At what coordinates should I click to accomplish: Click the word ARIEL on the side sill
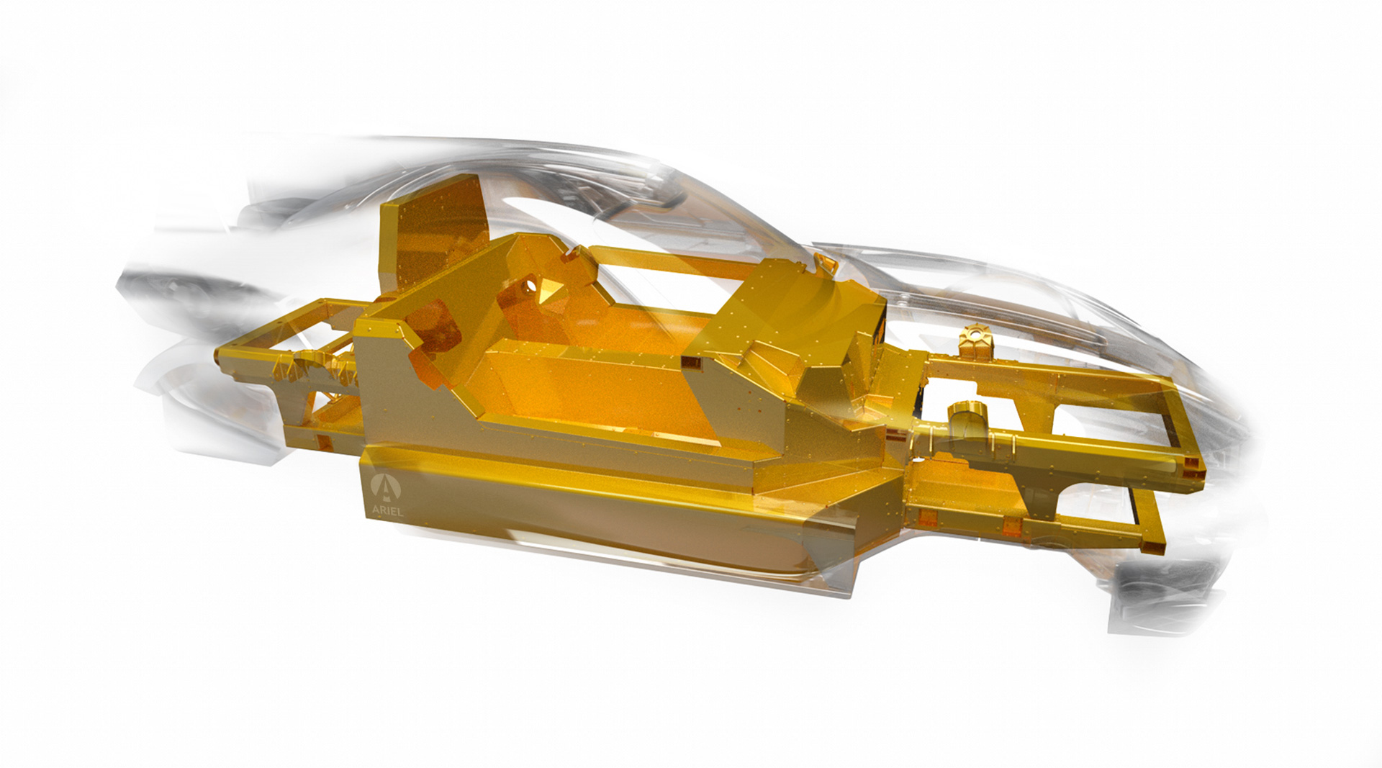point(387,510)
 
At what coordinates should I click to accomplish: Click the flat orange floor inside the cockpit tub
point(612,403)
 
